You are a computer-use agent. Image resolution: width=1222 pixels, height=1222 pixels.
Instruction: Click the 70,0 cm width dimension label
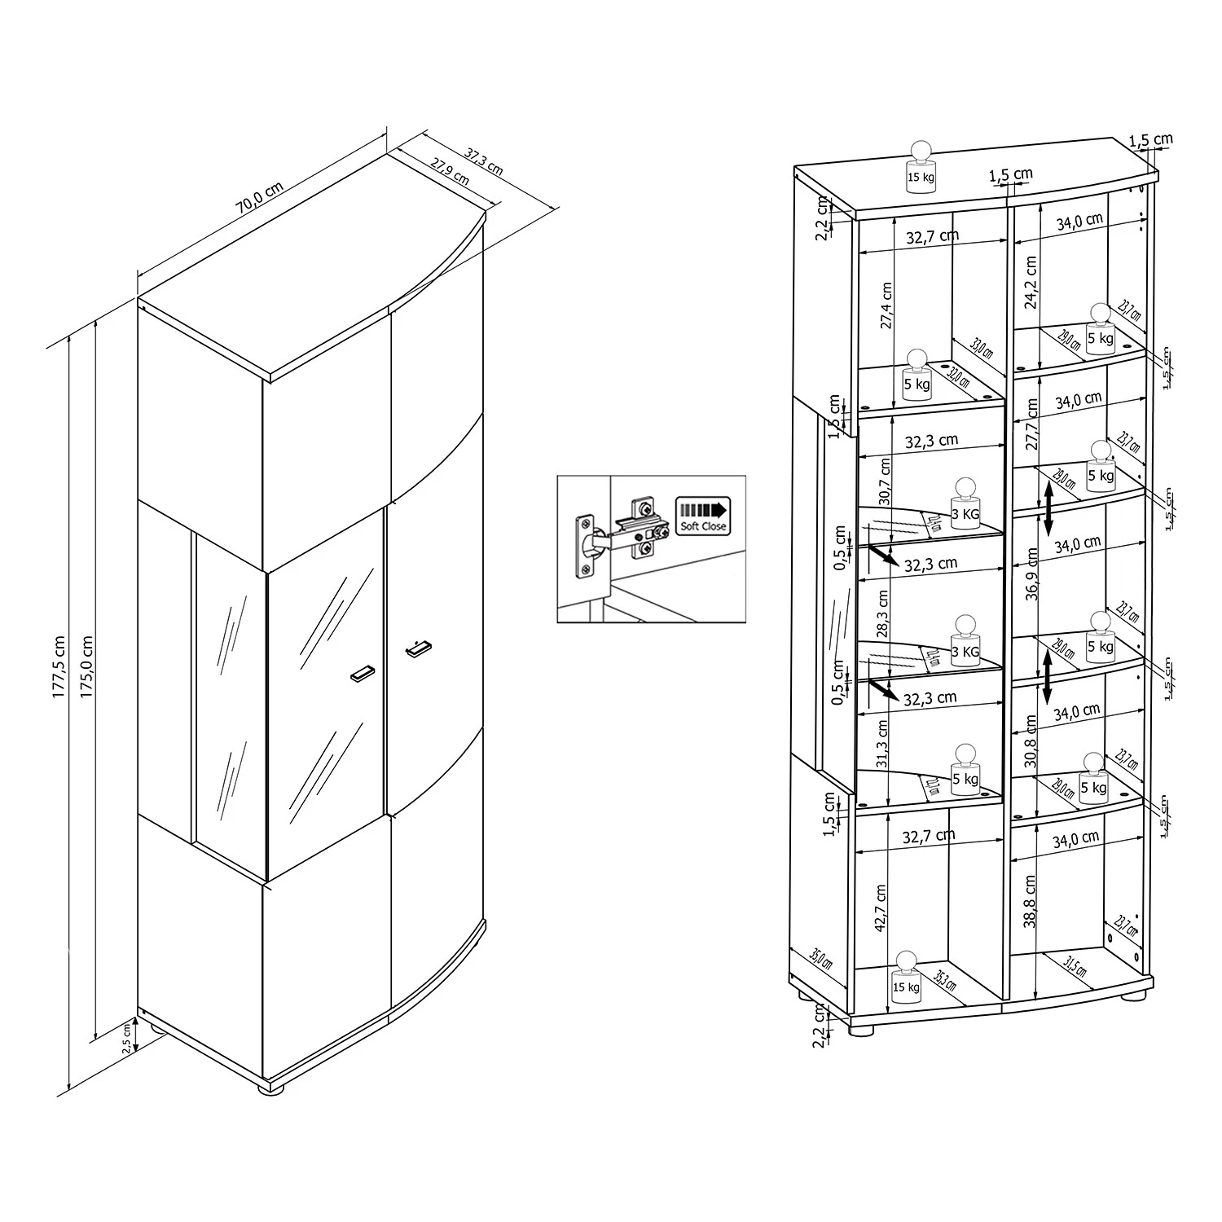tap(260, 198)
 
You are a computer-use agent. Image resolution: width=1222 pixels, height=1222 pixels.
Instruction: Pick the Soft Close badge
tap(702, 516)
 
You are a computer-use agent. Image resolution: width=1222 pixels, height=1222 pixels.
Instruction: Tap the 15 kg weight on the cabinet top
tap(921, 167)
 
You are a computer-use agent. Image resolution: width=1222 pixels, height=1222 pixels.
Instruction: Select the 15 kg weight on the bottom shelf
tap(906, 977)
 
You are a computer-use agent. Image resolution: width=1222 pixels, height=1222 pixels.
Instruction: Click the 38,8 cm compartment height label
tap(1031, 903)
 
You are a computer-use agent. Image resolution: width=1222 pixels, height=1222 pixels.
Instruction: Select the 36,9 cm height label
tap(1032, 574)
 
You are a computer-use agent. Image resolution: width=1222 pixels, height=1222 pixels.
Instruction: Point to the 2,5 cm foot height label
tap(127, 1040)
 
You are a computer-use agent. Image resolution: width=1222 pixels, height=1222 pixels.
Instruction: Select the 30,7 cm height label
tap(885, 481)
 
